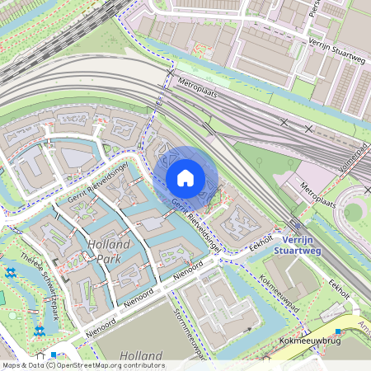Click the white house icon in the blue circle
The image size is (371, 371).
tap(185, 178)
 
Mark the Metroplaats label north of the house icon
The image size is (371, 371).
tap(201, 83)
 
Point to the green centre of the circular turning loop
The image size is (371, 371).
tap(354, 212)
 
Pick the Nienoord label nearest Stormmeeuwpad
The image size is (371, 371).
tap(188, 270)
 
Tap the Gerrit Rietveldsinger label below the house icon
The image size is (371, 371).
tap(195, 224)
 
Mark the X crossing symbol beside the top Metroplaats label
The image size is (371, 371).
tap(171, 73)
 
